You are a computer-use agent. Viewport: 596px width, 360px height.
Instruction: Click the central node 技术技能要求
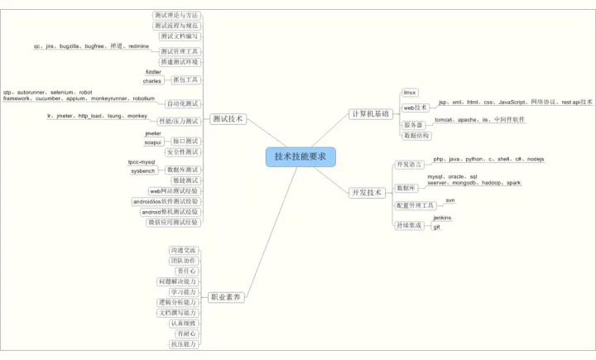click(300, 156)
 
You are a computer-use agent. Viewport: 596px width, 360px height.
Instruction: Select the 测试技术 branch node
click(228, 119)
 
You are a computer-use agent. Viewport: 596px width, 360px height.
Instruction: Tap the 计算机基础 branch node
click(370, 113)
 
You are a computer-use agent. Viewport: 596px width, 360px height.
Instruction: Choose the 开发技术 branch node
click(367, 192)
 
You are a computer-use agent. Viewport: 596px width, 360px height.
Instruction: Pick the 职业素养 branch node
click(226, 296)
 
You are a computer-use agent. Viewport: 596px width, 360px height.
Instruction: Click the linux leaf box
click(410, 93)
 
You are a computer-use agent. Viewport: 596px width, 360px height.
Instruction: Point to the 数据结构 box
click(416, 135)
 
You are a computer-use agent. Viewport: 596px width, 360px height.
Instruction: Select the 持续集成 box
click(409, 225)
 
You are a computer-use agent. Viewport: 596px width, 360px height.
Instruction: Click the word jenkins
click(443, 217)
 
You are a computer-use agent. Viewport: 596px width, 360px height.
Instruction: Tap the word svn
click(450, 200)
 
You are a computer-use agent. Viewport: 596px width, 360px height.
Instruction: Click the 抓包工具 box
click(185, 79)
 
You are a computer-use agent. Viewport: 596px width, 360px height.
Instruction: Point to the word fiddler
click(153, 72)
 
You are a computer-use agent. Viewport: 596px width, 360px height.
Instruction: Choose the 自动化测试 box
click(182, 103)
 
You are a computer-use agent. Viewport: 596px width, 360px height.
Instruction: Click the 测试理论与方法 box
click(176, 15)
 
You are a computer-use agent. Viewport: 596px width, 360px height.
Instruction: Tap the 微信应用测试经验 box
click(173, 222)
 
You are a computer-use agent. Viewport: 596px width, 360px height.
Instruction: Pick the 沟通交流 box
click(183, 250)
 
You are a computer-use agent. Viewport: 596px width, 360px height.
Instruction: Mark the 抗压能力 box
click(183, 343)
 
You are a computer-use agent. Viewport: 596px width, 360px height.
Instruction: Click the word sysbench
click(143, 170)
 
